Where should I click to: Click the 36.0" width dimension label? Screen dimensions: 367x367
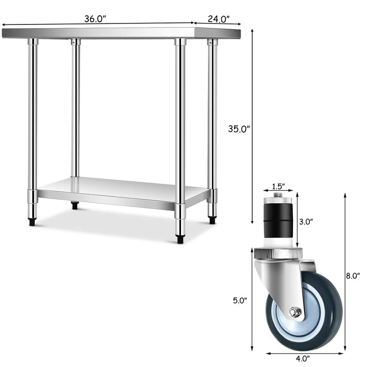pos(95,19)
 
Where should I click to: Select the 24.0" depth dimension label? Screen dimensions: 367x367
pos(218,19)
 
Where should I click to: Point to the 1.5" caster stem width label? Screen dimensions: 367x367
pos(279,186)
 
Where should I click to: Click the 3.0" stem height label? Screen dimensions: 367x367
pos(306,221)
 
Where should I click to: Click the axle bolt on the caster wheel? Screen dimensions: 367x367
pos(294,312)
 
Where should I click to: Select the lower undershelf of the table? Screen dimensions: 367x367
pos(122,191)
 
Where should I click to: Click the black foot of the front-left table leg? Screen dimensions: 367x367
pos(32,222)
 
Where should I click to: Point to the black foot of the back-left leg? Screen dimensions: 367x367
pos(75,206)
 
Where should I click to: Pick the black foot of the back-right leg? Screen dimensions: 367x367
pos(212,220)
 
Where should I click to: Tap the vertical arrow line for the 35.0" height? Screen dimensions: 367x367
pos(252,127)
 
